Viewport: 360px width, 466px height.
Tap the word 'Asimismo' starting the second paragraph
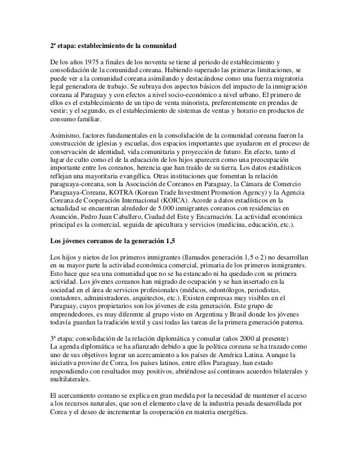[62, 135]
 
